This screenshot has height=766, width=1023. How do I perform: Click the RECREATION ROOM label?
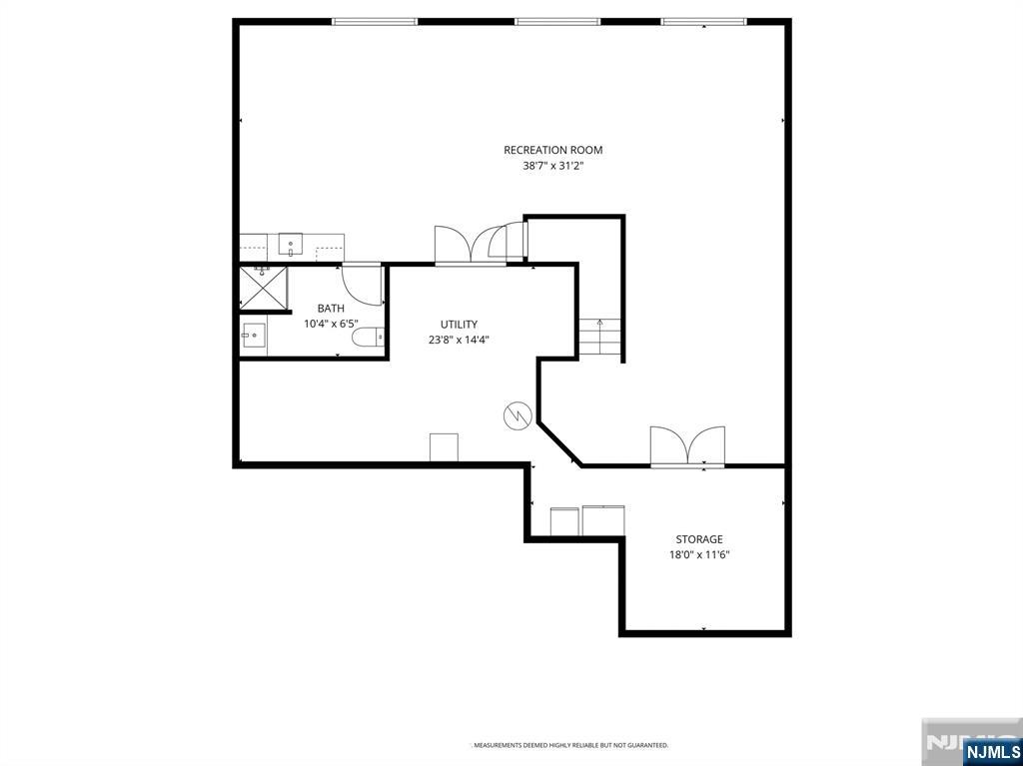pos(552,150)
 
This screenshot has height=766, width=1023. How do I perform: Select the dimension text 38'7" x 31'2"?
pos(552,167)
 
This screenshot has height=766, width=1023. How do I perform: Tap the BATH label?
pos(331,309)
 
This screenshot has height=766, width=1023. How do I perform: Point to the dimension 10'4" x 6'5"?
pos(331,324)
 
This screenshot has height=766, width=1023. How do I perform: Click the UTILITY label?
pos(459,325)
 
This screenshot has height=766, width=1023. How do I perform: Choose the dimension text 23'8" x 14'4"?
pos(459,340)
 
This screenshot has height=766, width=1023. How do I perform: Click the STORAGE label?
pos(698,539)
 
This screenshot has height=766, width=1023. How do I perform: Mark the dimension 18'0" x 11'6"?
pos(698,555)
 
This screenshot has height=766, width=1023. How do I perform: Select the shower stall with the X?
pos(263,288)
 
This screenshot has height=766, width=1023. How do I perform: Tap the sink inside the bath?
pos(254,338)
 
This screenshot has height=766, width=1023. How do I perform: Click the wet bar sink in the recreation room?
pos(291,245)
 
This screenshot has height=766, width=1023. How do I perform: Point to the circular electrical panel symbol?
pos(516,415)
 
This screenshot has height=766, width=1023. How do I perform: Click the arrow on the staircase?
pos(599,324)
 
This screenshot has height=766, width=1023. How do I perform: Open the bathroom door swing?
pos(362,284)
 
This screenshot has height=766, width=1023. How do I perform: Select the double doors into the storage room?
pos(687,446)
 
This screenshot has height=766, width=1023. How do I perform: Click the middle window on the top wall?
pos(557,21)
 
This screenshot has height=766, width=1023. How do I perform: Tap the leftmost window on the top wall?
pos(375,21)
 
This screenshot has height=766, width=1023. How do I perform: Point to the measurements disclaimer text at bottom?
pos(570,745)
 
